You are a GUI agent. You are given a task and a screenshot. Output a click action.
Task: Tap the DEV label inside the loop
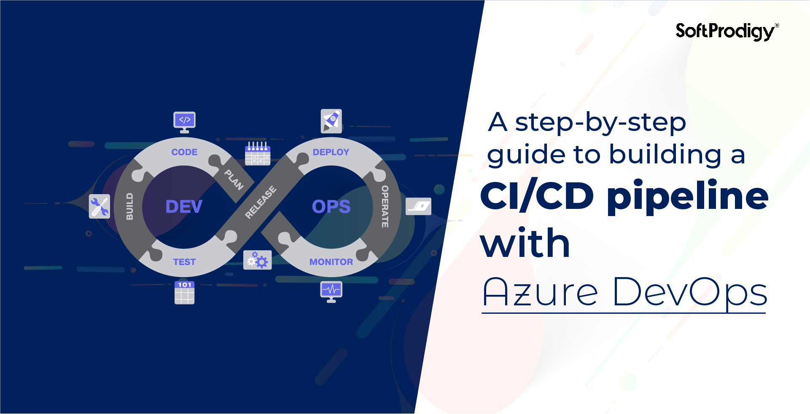pyautogui.click(x=184, y=206)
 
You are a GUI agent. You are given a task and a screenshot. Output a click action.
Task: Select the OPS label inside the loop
pyautogui.click(x=331, y=206)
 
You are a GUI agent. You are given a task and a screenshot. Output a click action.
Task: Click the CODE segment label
pyautogui.click(x=184, y=152)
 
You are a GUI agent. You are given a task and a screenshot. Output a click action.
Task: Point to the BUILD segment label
pyautogui.click(x=129, y=206)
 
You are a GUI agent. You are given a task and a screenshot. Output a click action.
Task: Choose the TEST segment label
pyautogui.click(x=184, y=262)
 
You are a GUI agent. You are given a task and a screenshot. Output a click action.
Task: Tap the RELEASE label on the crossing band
pyautogui.click(x=261, y=202)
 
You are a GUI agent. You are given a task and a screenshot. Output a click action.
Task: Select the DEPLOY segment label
pyautogui.click(x=331, y=152)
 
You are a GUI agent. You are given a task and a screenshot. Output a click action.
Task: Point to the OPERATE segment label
pyautogui.click(x=385, y=206)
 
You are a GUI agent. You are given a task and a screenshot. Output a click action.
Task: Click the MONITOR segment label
pyautogui.click(x=331, y=262)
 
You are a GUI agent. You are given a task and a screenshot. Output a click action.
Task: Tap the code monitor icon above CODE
pyautogui.click(x=184, y=122)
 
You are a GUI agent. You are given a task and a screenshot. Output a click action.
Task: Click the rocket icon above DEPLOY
pyautogui.click(x=331, y=121)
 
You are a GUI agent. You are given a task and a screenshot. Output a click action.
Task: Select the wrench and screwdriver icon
pyautogui.click(x=100, y=206)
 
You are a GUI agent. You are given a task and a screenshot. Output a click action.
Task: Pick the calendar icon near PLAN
pyautogui.click(x=258, y=153)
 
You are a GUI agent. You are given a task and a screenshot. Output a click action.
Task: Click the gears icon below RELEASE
pyautogui.click(x=258, y=260)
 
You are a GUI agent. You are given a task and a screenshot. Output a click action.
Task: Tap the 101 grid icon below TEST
pyautogui.click(x=185, y=292)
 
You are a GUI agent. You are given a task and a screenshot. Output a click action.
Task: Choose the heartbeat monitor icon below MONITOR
pyautogui.click(x=331, y=291)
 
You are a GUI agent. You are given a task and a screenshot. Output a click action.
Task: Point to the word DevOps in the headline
pyautogui.click(x=690, y=292)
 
